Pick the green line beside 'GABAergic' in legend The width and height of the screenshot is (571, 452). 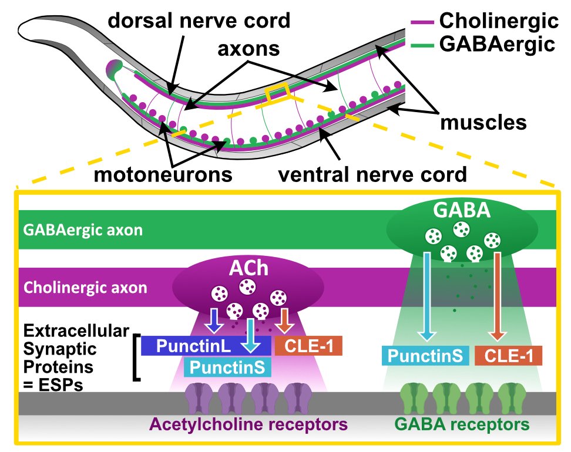pyautogui.click(x=420, y=44)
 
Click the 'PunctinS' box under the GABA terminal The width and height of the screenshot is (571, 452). pyautogui.click(x=425, y=356)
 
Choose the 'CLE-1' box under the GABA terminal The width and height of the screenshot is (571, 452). pyautogui.click(x=507, y=356)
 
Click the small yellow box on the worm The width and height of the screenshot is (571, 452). pyautogui.click(x=277, y=92)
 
